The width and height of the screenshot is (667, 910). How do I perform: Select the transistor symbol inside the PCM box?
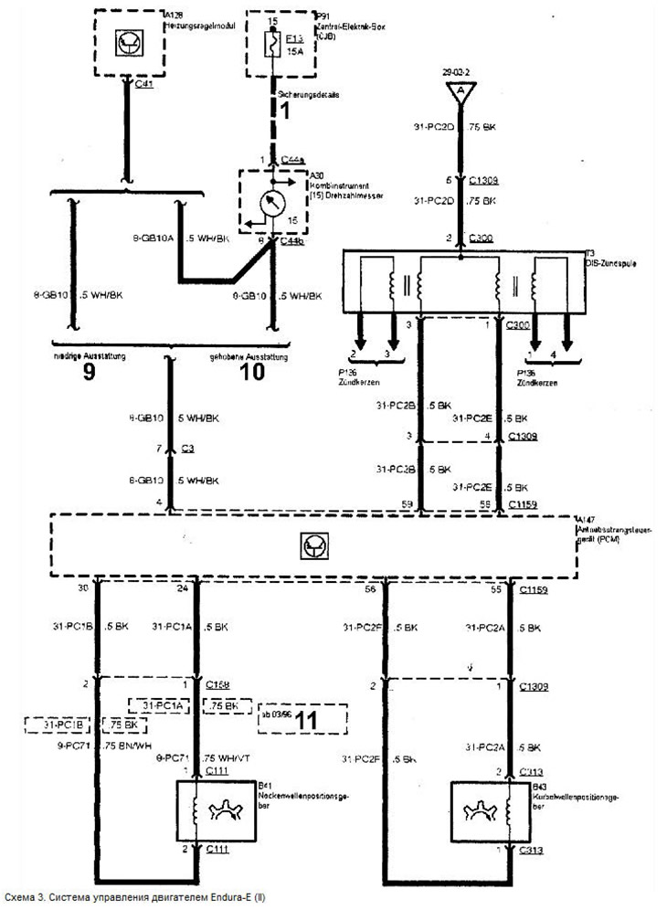[x=312, y=545]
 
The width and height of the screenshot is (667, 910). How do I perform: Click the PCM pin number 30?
[x=84, y=589]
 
